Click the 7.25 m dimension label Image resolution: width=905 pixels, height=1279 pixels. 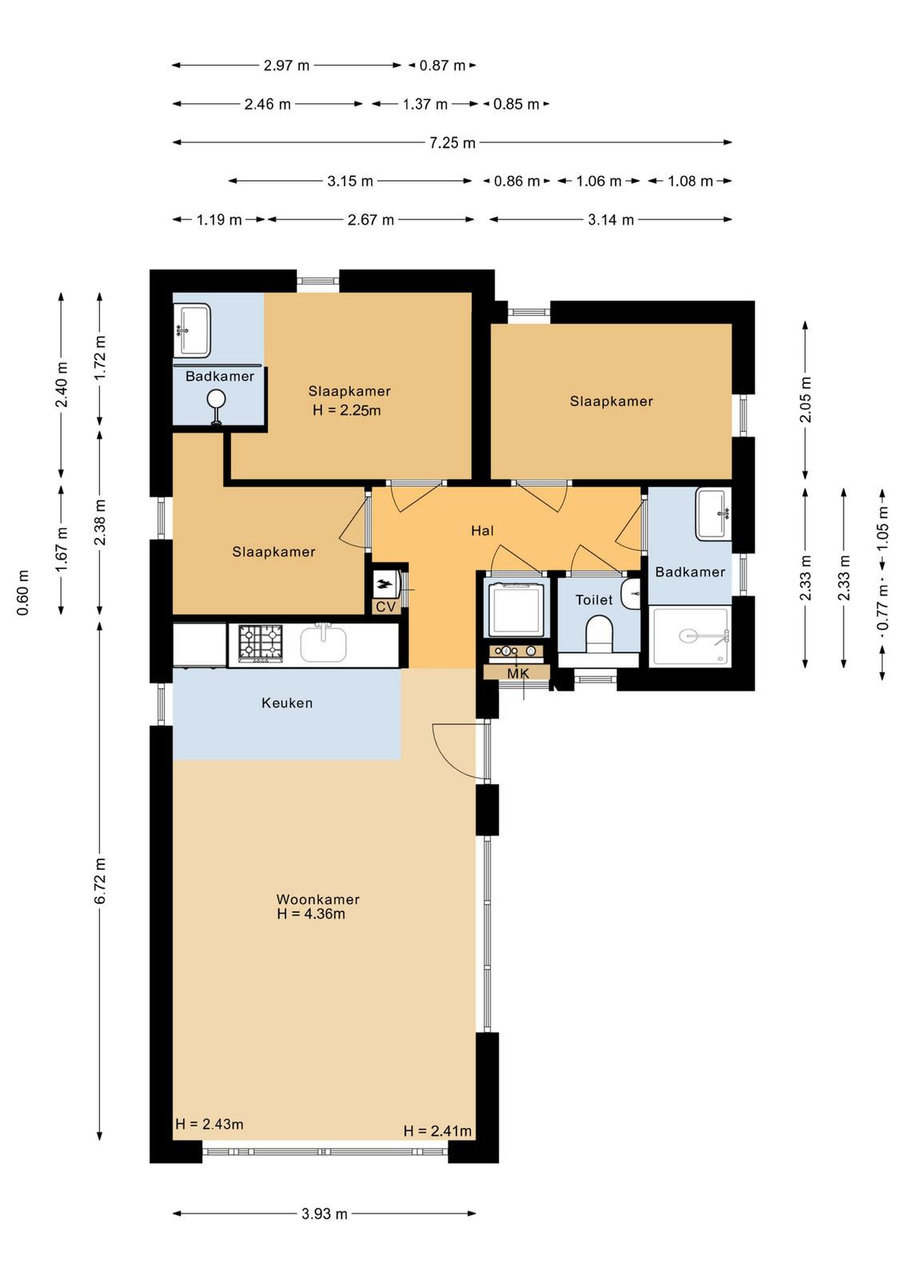pos(452,142)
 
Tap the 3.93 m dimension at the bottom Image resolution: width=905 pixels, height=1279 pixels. pos(325,1213)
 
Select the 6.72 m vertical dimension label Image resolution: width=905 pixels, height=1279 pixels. pos(100,889)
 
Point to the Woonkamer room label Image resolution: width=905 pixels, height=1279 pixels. pos(317,899)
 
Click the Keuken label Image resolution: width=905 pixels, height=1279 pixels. pos(287,703)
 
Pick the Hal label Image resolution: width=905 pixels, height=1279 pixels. pos(482,531)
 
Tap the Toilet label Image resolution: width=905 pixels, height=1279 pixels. pos(594,600)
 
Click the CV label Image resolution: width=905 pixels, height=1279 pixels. pos(386,607)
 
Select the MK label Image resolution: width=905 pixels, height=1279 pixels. pos(518,674)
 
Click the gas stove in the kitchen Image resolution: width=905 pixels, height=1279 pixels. pos(261,643)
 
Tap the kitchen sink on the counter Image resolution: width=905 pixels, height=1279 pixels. pos(323,643)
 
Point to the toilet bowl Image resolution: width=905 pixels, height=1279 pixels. pos(599,635)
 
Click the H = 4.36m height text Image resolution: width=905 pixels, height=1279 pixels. pos(311,914)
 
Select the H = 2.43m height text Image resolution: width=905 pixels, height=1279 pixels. pos(209,1124)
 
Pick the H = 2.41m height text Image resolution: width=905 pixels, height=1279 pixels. pos(437,1131)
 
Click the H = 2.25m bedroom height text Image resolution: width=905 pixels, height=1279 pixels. pos(347,411)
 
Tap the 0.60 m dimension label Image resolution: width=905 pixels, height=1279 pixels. pos(23,592)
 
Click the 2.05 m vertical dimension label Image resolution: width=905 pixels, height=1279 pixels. pos(805,399)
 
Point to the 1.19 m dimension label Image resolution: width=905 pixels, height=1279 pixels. pos(219,220)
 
